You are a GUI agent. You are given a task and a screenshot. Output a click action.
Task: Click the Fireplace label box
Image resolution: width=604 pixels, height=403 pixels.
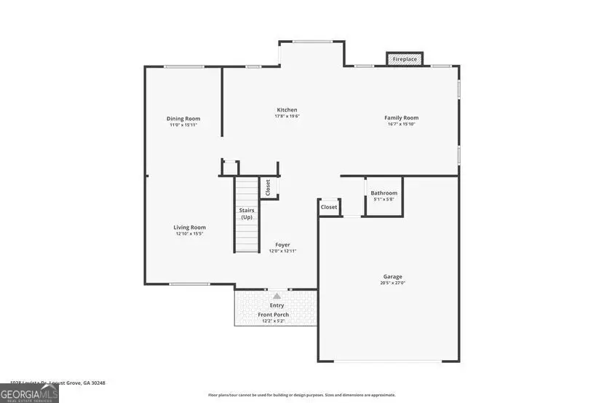click(x=405, y=58)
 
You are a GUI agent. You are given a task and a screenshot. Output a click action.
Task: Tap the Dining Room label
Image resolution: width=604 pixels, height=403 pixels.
click(x=183, y=119)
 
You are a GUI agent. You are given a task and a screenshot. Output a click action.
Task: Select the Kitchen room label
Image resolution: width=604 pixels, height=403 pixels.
click(x=287, y=110)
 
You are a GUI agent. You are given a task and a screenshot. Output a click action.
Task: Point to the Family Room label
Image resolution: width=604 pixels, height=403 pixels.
click(x=401, y=118)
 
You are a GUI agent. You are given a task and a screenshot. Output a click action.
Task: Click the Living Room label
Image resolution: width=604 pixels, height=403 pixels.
click(x=189, y=227)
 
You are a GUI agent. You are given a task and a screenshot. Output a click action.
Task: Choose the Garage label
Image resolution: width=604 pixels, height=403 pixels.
click(x=392, y=277)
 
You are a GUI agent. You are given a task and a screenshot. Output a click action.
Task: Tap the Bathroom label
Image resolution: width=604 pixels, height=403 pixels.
click(x=384, y=193)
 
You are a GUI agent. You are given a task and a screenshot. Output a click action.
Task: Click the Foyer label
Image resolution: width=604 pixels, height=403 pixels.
click(x=282, y=245)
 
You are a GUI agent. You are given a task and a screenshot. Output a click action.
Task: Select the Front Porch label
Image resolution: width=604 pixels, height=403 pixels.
click(x=274, y=315)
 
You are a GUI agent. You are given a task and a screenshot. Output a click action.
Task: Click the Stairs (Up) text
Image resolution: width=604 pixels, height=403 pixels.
click(x=247, y=214)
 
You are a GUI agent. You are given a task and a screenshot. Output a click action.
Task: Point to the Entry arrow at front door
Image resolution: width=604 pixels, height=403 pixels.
click(x=277, y=296)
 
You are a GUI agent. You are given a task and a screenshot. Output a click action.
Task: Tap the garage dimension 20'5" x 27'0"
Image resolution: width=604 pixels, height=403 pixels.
click(x=392, y=283)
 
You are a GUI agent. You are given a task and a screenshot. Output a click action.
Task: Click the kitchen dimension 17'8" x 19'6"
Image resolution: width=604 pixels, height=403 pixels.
click(x=287, y=117)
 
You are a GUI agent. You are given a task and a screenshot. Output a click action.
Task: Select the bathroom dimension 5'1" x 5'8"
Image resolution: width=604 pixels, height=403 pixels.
click(x=384, y=199)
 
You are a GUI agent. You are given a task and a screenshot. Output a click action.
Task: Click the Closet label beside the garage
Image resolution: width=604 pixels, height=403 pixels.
click(x=329, y=207)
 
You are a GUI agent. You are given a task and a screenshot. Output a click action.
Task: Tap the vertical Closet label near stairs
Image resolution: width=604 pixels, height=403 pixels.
click(x=268, y=187)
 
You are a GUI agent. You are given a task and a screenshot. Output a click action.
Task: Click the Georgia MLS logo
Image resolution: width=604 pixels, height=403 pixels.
click(x=29, y=393)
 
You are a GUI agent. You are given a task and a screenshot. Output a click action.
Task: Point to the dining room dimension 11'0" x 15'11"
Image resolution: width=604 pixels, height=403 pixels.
click(x=183, y=125)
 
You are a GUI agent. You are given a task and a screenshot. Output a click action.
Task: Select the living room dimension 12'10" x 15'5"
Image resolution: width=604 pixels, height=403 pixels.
click(x=189, y=234)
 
